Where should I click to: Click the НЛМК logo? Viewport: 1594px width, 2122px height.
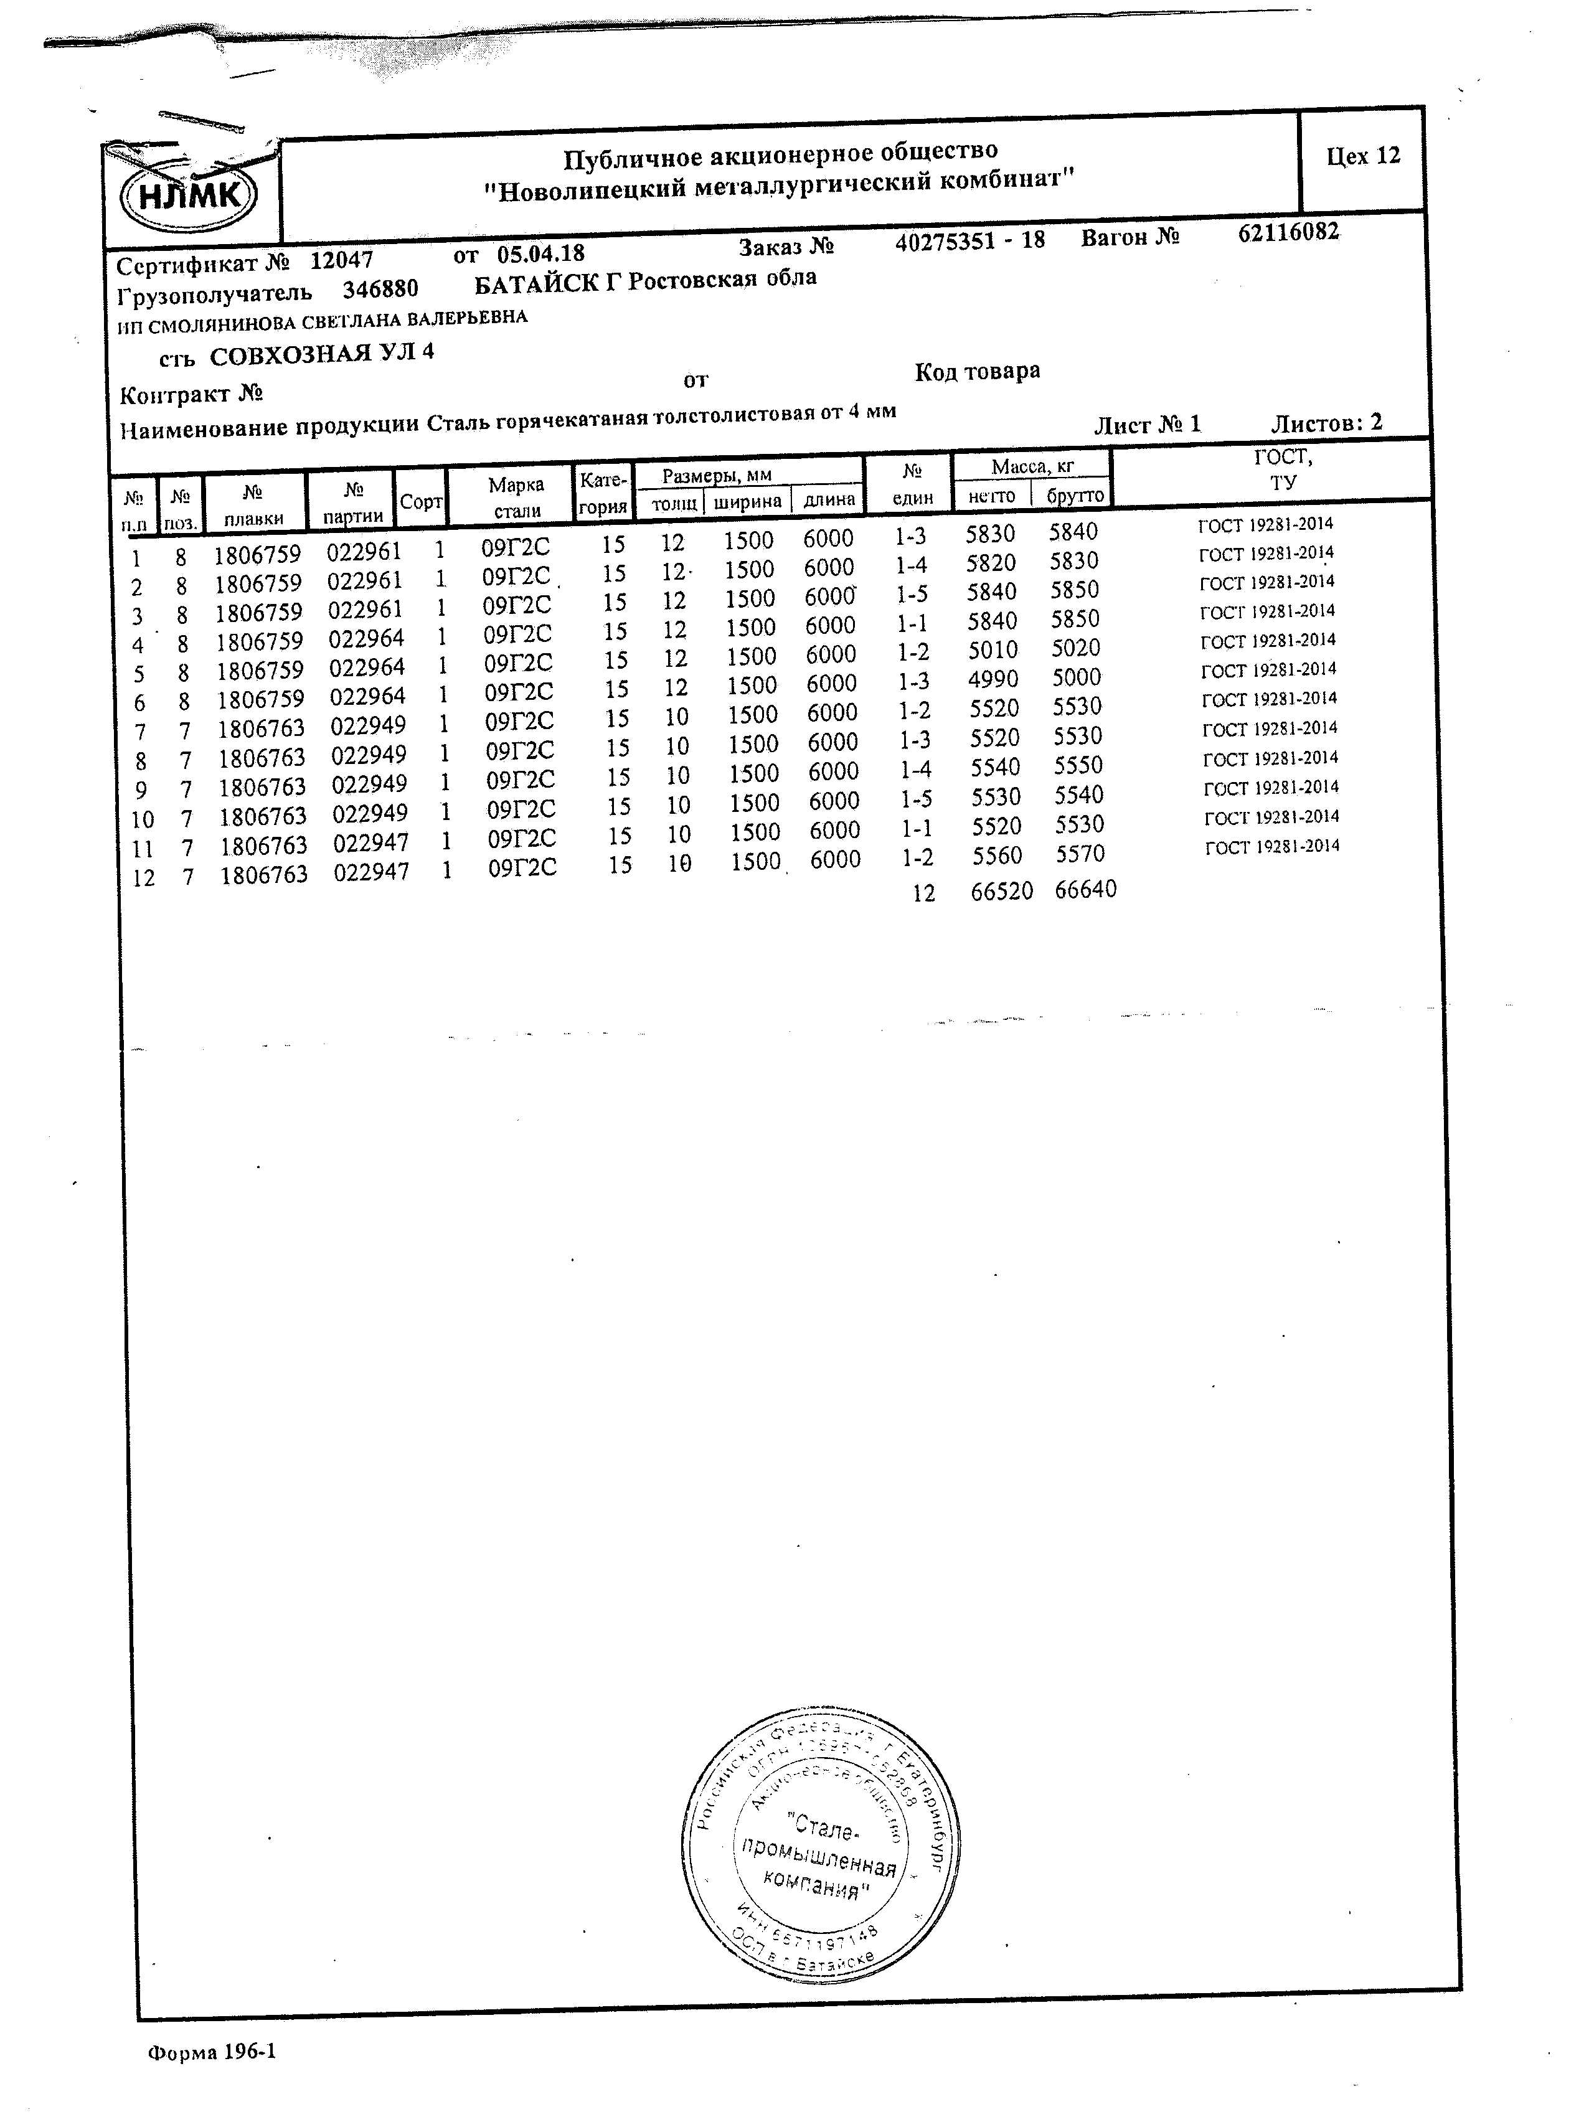(x=189, y=196)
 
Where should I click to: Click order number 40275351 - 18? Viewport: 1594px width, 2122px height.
(x=969, y=241)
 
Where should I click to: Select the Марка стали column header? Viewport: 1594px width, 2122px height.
(x=516, y=497)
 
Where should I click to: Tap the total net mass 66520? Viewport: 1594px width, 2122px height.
(x=1001, y=891)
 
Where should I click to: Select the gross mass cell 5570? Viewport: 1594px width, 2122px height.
(x=1080, y=854)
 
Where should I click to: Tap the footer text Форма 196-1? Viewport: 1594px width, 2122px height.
(x=212, y=2052)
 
